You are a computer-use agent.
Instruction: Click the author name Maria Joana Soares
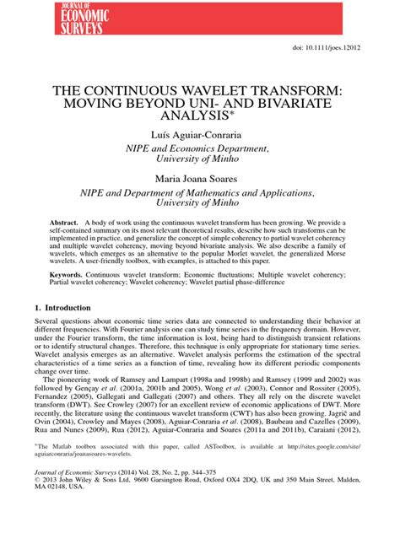[199, 179]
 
